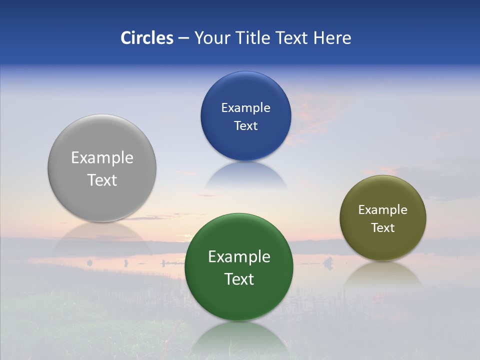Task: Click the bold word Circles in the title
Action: [x=147, y=38]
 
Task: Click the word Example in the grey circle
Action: [x=102, y=158]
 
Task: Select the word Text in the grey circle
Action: [x=102, y=180]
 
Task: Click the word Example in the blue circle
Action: [x=245, y=108]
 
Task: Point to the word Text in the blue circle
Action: [x=245, y=126]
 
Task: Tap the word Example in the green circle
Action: [x=239, y=257]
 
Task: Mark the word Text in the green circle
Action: [x=239, y=279]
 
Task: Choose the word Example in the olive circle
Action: [x=382, y=210]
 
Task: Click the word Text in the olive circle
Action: [x=382, y=228]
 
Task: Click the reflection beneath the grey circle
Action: [x=102, y=237]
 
